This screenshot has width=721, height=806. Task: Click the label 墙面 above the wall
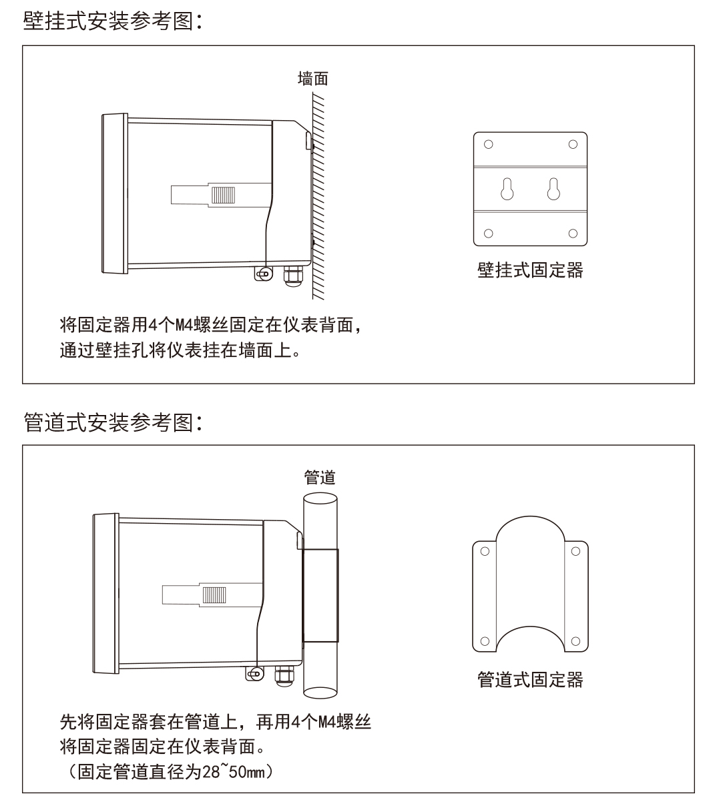tap(313, 79)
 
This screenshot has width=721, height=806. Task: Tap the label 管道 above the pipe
tap(320, 477)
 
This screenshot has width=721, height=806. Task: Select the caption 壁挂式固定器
tap(530, 270)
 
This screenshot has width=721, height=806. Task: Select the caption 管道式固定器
tap(530, 680)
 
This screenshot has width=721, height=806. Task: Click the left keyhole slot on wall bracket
tap(507, 189)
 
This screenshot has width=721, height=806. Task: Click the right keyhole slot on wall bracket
tap(553, 189)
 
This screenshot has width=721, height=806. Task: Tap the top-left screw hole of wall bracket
tap(489, 144)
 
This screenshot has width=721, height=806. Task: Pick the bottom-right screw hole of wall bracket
tap(573, 233)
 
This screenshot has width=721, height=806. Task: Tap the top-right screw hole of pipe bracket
tap(575, 551)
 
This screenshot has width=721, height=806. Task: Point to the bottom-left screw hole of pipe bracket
tap(485, 641)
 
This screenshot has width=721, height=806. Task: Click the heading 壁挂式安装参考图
tap(108, 21)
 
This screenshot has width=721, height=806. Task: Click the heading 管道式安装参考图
tap(108, 422)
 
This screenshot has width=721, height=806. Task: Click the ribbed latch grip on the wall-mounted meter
tap(223, 195)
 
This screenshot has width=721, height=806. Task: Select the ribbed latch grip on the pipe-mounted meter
tap(214, 595)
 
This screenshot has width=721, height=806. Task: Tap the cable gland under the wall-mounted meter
tap(293, 276)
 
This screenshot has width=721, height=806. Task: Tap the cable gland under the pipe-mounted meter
tap(284, 677)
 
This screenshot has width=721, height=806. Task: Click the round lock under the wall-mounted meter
tap(264, 274)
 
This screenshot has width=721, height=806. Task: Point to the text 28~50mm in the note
tap(233, 772)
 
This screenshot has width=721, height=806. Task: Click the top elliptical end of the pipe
tap(320, 498)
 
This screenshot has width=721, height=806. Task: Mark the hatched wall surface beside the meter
tap(318, 195)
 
